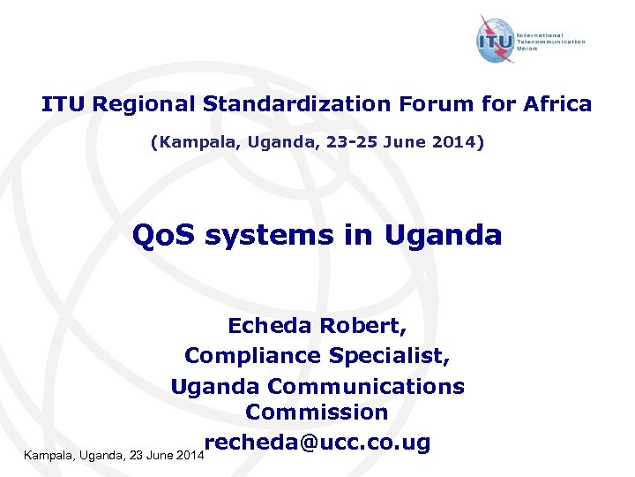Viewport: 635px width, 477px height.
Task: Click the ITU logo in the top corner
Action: pos(495,41)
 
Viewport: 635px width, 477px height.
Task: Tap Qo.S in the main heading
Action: pos(163,236)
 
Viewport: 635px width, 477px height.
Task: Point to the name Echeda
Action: pos(269,326)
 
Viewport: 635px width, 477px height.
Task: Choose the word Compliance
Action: pos(252,355)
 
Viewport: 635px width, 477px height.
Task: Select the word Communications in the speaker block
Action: pos(365,386)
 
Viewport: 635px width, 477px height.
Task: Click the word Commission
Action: pos(317,413)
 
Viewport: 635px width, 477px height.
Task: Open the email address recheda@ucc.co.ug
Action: pos(317,442)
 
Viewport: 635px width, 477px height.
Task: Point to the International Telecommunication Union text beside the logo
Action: pos(556,42)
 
